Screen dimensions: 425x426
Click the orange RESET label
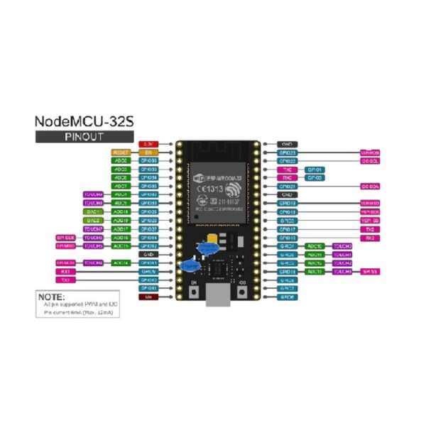[121, 153]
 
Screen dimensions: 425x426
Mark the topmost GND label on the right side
[288, 144]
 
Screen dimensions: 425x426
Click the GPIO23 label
[288, 153]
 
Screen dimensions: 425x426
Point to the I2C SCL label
[371, 161]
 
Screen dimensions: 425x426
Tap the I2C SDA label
[371, 187]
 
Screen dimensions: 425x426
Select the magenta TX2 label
[371, 229]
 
